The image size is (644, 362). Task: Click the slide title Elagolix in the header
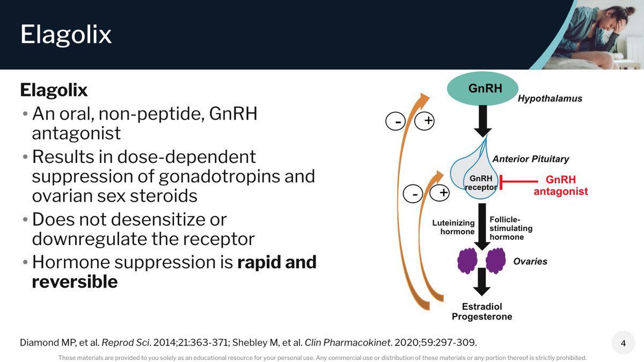coord(65,35)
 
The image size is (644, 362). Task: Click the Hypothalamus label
coord(550,99)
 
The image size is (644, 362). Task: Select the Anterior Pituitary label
coord(530,159)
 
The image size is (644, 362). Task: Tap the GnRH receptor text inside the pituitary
coord(480,183)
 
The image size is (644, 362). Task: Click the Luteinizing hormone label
coord(453,227)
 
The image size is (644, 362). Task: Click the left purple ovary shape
coord(466,260)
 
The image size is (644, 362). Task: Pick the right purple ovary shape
coord(496,260)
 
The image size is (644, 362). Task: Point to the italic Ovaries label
coord(530,262)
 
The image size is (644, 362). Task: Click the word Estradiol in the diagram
coord(481,307)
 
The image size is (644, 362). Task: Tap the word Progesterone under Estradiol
coord(481,316)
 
